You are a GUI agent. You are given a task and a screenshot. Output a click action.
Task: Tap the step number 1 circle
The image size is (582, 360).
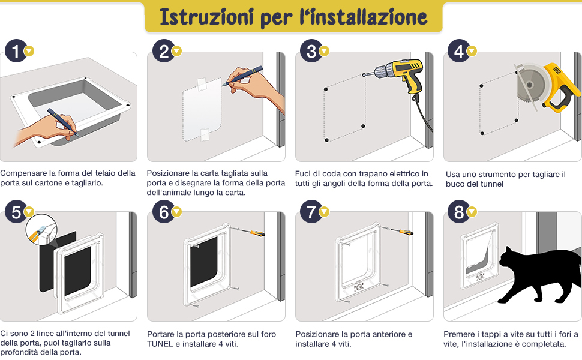16,50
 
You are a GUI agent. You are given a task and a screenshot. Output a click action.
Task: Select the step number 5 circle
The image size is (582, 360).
16,212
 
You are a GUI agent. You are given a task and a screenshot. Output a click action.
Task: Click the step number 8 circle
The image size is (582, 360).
459,212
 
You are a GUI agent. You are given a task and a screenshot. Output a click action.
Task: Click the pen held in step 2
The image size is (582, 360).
242,76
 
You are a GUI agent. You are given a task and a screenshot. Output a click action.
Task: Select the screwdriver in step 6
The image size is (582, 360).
248,231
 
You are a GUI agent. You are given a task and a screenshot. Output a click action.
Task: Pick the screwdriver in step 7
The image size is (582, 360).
397,230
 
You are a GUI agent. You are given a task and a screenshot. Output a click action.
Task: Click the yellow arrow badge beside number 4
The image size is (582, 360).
472,51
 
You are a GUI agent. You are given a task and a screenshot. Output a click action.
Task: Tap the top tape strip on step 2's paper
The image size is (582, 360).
202,84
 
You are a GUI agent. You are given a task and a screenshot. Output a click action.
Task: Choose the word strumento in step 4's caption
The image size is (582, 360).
498,175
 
